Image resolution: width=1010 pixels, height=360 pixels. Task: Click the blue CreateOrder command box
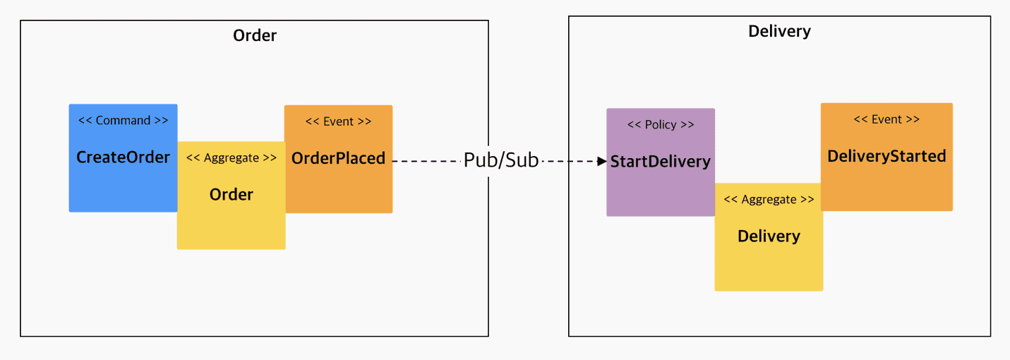123,158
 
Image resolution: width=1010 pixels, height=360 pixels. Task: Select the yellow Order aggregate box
232,196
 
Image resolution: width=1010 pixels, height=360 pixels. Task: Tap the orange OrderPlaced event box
339,160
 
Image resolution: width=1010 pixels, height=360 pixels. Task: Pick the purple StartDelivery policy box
661,162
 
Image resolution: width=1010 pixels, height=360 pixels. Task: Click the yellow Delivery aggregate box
769,237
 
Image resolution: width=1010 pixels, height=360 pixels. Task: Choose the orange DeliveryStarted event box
886,157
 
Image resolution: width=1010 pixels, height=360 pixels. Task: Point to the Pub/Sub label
501,160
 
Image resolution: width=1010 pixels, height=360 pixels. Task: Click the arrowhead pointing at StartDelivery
601,161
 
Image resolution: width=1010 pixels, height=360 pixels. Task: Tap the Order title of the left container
255,35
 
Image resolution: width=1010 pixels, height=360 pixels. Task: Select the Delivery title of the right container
780,31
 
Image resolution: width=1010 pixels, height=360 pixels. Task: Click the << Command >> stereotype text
123,121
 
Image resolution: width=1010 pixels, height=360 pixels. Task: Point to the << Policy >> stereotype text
661,124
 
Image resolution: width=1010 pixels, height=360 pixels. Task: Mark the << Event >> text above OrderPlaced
339,121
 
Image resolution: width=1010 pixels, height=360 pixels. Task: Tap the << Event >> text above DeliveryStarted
886,119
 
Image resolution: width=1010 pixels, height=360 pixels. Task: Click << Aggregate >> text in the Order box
232,158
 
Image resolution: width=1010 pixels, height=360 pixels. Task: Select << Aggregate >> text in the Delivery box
769,199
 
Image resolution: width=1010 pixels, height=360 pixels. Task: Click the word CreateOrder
123,157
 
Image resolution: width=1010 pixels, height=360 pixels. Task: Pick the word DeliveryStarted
886,156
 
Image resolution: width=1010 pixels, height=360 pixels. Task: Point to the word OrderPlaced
339,158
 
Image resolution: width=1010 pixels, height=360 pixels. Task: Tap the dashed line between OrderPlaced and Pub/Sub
427,161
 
